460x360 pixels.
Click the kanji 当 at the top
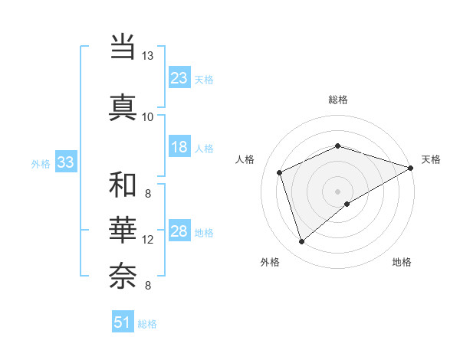[x=123, y=47]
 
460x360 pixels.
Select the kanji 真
[x=123, y=106]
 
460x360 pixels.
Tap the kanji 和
[x=123, y=185]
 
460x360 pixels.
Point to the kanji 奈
[x=123, y=274]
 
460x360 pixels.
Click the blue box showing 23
[x=179, y=78]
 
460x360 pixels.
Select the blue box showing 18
[x=179, y=148]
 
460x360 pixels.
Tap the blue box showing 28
[x=179, y=232]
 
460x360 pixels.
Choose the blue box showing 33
[x=65, y=162]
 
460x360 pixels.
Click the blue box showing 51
[x=123, y=322]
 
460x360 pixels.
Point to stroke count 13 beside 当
[x=148, y=57]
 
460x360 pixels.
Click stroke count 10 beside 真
[x=148, y=116]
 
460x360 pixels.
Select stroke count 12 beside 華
[x=148, y=240]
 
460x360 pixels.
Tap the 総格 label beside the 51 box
[x=148, y=324]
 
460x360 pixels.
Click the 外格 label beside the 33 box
[x=41, y=163]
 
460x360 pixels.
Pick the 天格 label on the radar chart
[x=431, y=159]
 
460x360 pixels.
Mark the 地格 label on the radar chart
[x=402, y=262]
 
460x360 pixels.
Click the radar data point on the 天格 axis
[x=411, y=168]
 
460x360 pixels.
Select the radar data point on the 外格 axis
[x=301, y=242]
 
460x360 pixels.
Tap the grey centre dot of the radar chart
[x=338, y=191]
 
